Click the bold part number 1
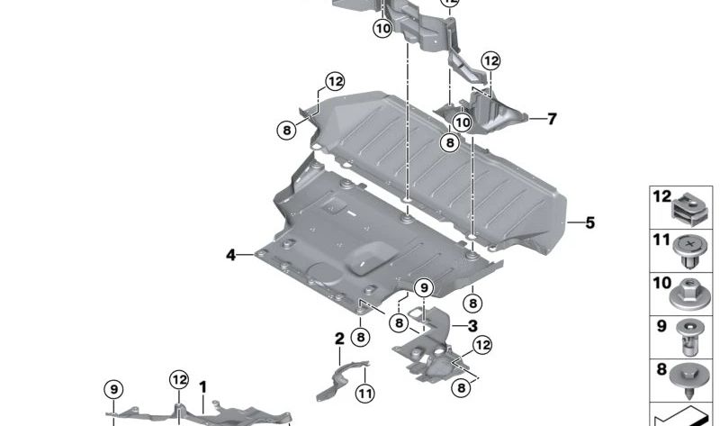pyautogui.click(x=202, y=387)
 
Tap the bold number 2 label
pyautogui.click(x=339, y=339)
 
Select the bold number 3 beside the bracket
pyautogui.click(x=472, y=326)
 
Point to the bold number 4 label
pyautogui.click(x=230, y=255)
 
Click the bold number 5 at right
pyautogui.click(x=590, y=222)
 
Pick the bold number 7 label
pyautogui.click(x=552, y=119)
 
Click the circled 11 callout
pyautogui.click(x=365, y=394)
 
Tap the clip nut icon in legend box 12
pyautogui.click(x=689, y=209)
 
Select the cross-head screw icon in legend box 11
pyautogui.click(x=688, y=252)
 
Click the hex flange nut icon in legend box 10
pyautogui.click(x=689, y=295)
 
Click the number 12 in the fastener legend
pyautogui.click(x=662, y=196)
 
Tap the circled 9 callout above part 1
pyautogui.click(x=113, y=390)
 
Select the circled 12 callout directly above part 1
pyautogui.click(x=178, y=379)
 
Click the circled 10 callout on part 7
pyautogui.click(x=462, y=122)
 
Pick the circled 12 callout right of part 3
pyautogui.click(x=482, y=345)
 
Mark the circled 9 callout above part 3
pyautogui.click(x=424, y=288)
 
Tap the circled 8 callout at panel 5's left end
pyautogui.click(x=286, y=130)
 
